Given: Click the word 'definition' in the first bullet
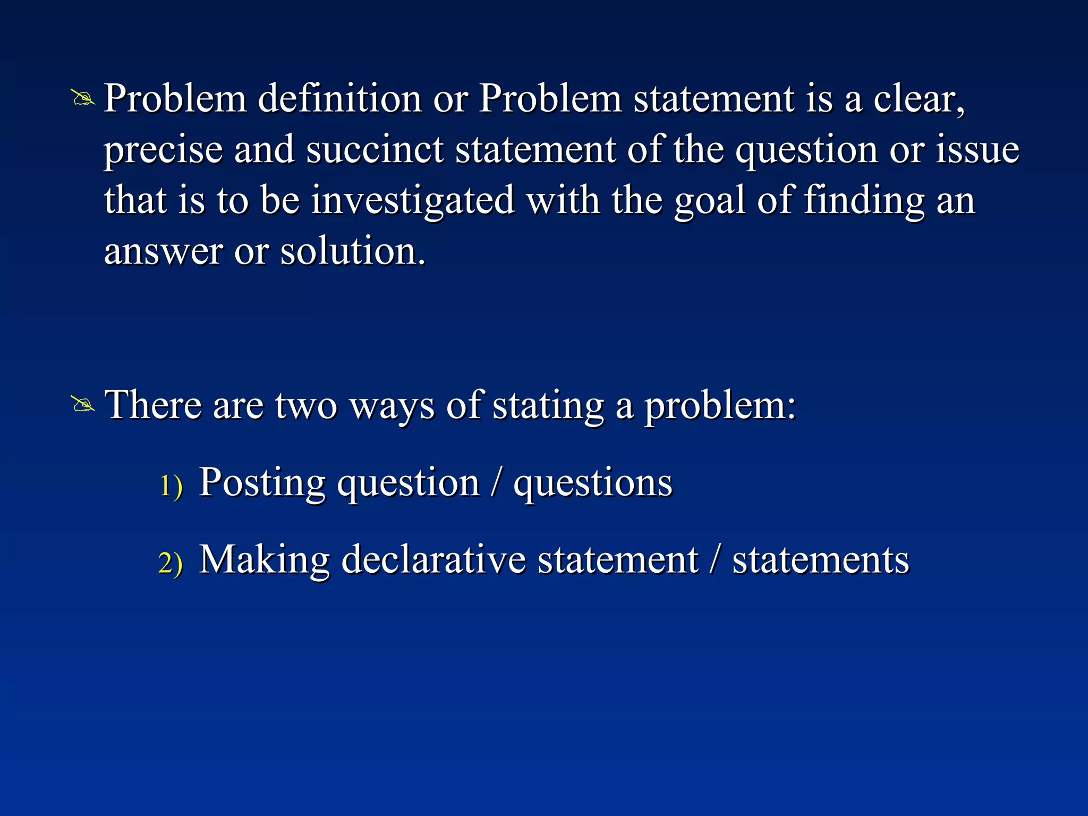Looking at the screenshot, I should tap(339, 99).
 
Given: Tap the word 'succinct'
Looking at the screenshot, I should tap(375, 150).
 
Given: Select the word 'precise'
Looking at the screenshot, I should tap(163, 151).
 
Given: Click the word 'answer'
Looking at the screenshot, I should tap(163, 252).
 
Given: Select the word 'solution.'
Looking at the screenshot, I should tap(353, 251).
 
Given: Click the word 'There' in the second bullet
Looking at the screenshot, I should tap(153, 405).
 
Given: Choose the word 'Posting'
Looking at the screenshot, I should tap(262, 483).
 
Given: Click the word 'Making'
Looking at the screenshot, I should tap(264, 560).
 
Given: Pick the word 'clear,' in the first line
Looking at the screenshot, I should tap(919, 100).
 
